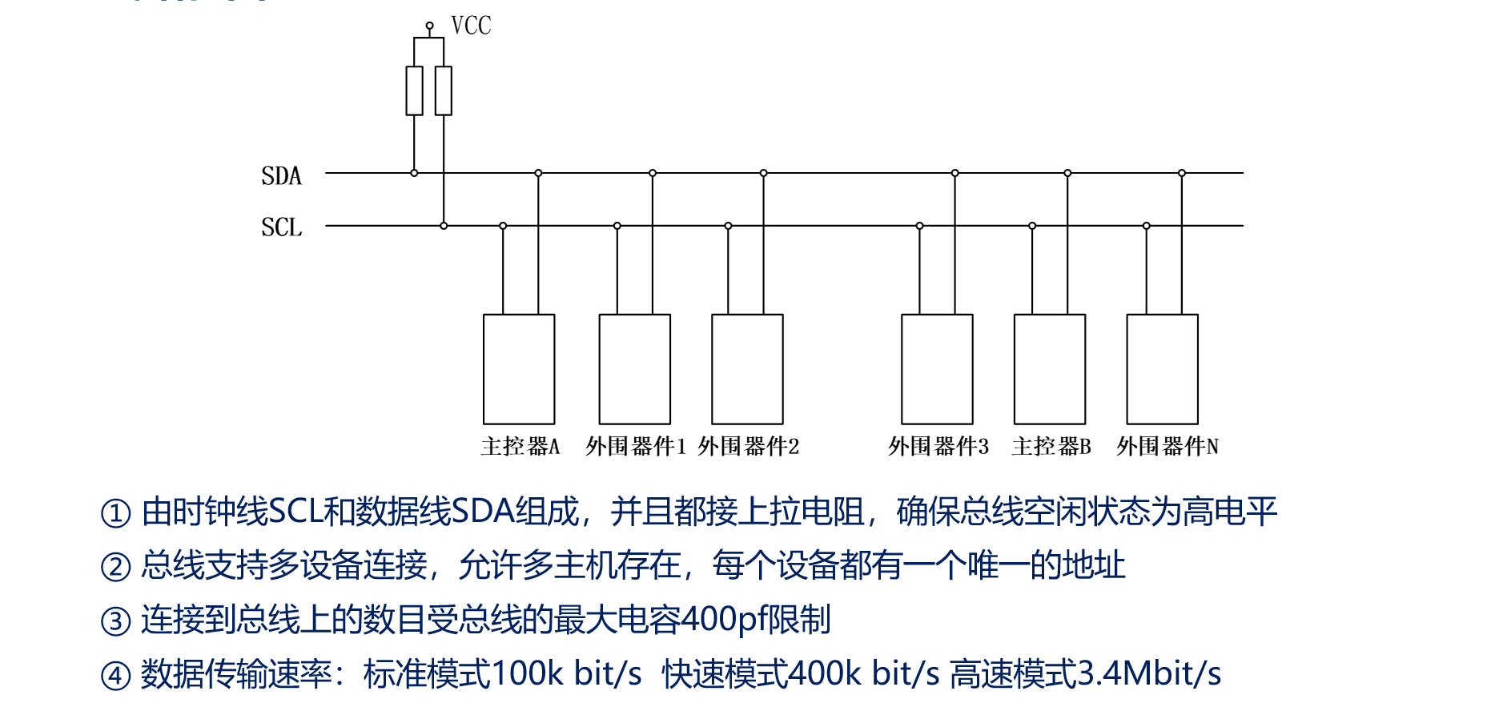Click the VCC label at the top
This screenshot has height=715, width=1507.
click(x=471, y=26)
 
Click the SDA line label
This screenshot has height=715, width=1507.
click(x=281, y=176)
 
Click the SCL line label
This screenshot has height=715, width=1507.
click(x=281, y=227)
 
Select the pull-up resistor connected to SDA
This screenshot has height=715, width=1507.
click(x=414, y=90)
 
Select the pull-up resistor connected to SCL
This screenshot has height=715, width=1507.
click(x=444, y=90)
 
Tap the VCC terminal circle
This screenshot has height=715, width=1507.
click(x=429, y=26)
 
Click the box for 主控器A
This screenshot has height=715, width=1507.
click(x=519, y=369)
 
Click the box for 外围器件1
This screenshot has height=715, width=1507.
click(x=635, y=369)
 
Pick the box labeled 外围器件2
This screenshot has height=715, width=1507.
click(x=747, y=369)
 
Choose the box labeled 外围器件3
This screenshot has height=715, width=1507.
click(x=937, y=369)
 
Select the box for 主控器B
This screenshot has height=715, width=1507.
click(x=1050, y=369)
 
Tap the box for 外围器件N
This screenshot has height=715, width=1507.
click(x=1162, y=369)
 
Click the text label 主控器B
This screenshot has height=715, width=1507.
click(x=1051, y=447)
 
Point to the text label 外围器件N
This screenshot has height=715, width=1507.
click(x=1167, y=447)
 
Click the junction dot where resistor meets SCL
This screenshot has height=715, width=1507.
click(x=444, y=226)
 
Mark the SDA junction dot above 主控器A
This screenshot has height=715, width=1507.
click(x=538, y=173)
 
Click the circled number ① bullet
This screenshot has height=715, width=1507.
click(x=115, y=513)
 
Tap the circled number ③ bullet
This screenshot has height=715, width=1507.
click(x=115, y=621)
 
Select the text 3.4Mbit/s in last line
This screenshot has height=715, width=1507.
click(x=1149, y=673)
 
